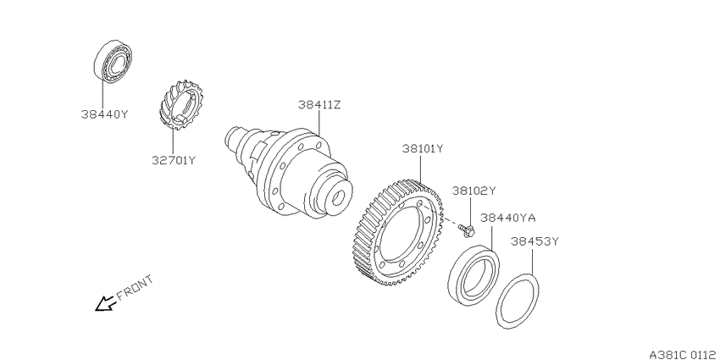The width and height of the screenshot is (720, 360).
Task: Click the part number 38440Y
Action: click(x=104, y=114)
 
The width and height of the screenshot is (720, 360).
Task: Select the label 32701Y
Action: click(x=174, y=160)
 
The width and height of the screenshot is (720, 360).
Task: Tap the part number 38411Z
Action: click(x=319, y=105)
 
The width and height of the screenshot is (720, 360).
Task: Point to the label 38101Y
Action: click(x=423, y=149)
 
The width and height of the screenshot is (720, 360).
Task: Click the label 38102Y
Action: click(x=474, y=190)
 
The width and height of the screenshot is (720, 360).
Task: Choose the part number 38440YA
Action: click(x=508, y=217)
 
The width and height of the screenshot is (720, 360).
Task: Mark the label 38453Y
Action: click(x=534, y=241)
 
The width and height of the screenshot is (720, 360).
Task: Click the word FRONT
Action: click(x=134, y=287)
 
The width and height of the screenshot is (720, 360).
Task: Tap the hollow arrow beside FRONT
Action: click(x=105, y=303)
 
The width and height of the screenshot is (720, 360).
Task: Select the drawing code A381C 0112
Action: click(x=684, y=354)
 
